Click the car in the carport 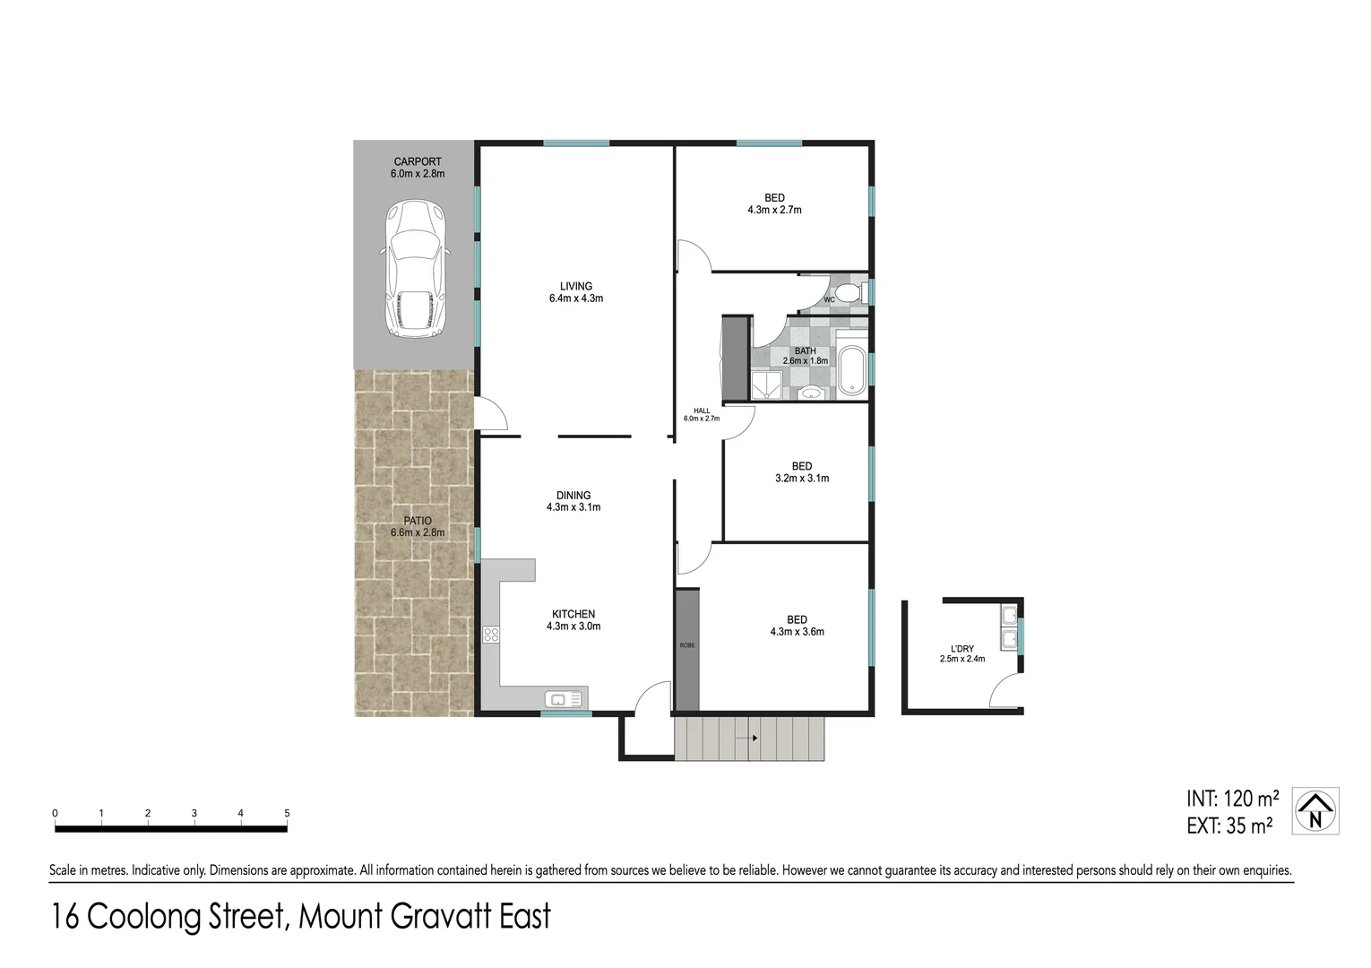[x=415, y=269]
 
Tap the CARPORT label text [x=417, y=162]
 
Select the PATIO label [x=417, y=521]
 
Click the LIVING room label [x=575, y=287]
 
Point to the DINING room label [x=573, y=496]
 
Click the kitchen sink [x=565, y=698]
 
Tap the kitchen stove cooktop [x=491, y=635]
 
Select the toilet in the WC [x=849, y=294]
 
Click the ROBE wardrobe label [x=687, y=645]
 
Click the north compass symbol [x=1315, y=811]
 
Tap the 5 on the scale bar [x=287, y=814]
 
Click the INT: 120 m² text [x=1233, y=798]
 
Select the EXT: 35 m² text [x=1229, y=825]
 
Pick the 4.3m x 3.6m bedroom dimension [x=797, y=632]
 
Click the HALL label [x=702, y=411]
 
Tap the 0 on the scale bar [x=56, y=814]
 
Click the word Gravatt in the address [x=422, y=917]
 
